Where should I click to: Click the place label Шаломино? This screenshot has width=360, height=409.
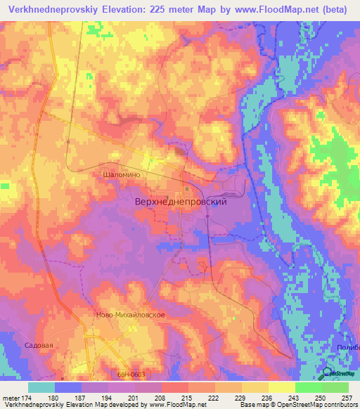point(122,175)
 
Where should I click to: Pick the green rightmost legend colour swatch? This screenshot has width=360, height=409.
point(335,387)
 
